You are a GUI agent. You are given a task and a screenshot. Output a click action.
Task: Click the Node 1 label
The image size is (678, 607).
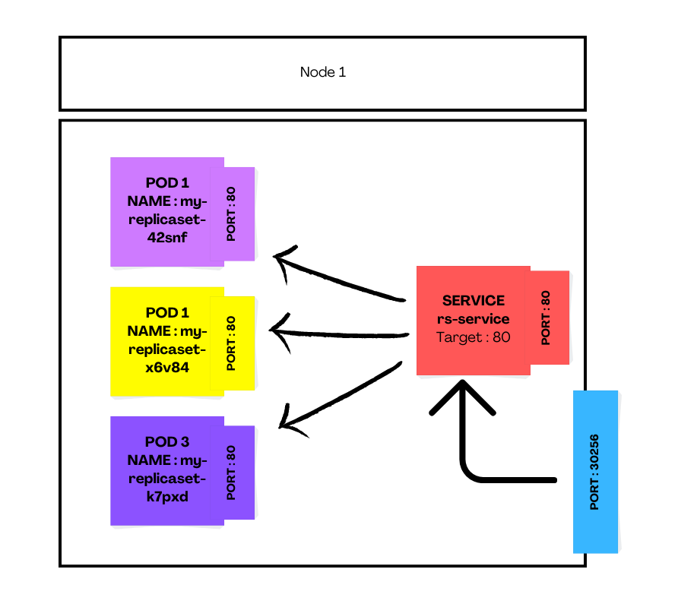coord(323,73)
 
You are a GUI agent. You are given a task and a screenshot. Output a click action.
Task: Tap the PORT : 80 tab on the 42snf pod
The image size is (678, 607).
coord(232,214)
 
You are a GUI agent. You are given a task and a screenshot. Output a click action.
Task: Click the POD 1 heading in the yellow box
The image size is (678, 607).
coord(167,312)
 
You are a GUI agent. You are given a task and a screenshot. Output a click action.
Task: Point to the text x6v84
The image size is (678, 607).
coord(167,368)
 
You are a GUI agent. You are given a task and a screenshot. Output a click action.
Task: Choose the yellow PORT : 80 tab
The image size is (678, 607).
coord(232,343)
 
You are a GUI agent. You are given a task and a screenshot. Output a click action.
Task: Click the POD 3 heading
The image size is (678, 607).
coord(167,442)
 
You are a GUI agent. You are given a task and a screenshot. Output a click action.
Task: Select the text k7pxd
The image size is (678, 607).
coord(167,498)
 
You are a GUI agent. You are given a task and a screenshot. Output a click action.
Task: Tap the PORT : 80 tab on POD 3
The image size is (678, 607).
coord(232,473)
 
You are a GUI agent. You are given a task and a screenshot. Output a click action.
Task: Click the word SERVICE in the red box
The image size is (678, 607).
coord(474,301)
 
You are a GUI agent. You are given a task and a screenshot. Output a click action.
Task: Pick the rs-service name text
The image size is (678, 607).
coord(474,319)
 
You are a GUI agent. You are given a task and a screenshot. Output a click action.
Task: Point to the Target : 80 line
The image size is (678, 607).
coord(474,337)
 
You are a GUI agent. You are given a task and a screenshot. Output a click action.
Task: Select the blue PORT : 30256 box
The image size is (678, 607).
coord(595,471)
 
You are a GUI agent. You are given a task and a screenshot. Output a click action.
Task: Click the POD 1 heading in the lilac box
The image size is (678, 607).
coord(167,183)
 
